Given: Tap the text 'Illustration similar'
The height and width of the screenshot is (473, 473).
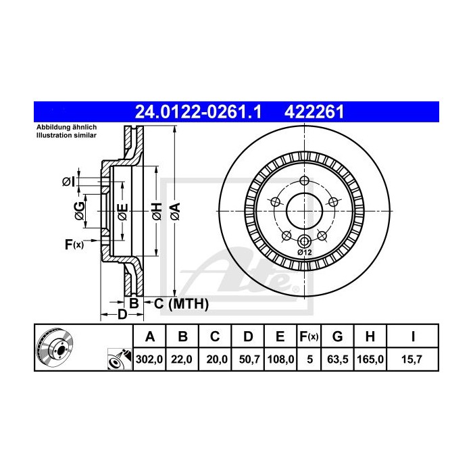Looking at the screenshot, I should (x=67, y=136).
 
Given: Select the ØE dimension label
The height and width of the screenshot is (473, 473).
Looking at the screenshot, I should (x=122, y=211).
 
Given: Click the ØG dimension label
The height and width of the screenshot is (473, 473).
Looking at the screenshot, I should (x=80, y=211).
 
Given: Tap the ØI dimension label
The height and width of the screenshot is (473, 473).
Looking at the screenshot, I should (x=68, y=181).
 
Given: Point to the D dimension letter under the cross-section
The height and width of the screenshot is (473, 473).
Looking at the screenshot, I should (x=122, y=315).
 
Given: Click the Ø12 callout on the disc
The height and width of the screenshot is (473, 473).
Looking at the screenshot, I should (x=304, y=252).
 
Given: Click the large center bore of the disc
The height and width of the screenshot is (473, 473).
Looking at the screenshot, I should (x=303, y=211).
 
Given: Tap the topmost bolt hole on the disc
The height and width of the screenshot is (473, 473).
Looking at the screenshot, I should (x=303, y=180).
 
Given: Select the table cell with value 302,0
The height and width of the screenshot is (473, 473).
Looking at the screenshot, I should (x=150, y=361).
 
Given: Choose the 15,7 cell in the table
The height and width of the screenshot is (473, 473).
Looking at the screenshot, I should (x=412, y=361).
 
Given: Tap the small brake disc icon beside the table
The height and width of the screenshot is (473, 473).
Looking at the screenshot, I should (x=53, y=347).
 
